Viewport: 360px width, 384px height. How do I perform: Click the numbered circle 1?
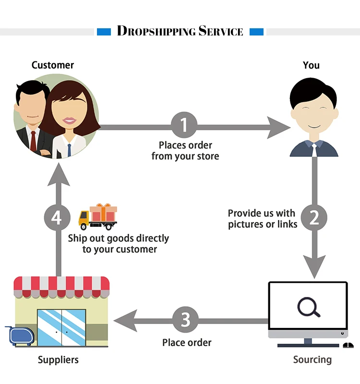184,126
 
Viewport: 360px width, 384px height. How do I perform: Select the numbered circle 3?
186,320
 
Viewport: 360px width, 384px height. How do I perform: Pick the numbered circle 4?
57,218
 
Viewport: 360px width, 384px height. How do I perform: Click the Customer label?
53,65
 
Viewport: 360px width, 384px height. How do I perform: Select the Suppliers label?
58,360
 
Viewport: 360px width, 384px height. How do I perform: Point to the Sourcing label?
312,360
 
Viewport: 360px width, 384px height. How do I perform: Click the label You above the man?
311,65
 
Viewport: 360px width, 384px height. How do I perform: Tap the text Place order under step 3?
187,342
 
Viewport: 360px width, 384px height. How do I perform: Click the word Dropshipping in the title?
156,32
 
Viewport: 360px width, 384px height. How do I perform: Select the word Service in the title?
221,32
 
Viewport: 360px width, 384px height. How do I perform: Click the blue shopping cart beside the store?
19,336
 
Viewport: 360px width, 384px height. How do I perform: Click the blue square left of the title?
104,32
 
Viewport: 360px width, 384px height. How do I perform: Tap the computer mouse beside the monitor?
348,345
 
